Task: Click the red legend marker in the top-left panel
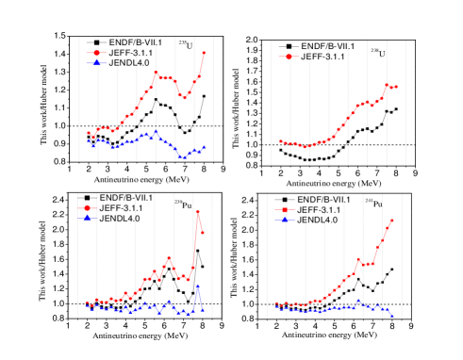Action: coord(95,53)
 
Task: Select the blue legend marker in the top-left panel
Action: coord(95,63)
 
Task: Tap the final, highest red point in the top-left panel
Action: coord(204,53)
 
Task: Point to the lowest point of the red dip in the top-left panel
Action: coord(184,97)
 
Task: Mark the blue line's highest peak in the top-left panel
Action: coord(157,131)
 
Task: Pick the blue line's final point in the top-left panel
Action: coord(204,147)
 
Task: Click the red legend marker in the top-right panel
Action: coord(289,57)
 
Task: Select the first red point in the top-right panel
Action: coord(280,141)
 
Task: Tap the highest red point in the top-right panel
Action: coord(387,84)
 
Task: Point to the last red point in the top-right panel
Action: coord(396,86)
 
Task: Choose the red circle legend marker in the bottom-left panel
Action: coord(87,207)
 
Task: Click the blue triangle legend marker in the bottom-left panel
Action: coord(87,218)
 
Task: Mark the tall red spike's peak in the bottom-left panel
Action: coord(198,211)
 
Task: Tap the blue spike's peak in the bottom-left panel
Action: coord(198,286)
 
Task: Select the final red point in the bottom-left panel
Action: coord(203,232)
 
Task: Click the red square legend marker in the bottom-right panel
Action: coord(285,209)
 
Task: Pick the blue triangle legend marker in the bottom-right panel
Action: coord(285,220)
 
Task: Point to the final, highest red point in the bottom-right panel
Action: coord(392,221)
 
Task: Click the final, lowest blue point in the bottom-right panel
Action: coord(392,315)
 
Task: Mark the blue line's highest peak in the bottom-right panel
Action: coord(358,301)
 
